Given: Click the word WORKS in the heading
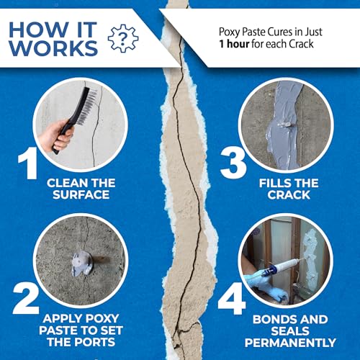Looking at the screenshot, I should pos(54,50).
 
